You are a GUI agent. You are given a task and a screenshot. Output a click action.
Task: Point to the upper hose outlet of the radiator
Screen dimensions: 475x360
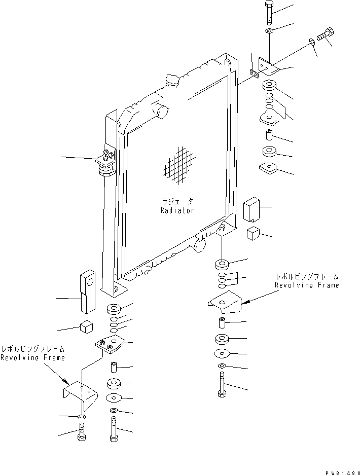162,110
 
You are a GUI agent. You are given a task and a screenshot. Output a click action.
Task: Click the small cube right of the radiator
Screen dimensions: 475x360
254,234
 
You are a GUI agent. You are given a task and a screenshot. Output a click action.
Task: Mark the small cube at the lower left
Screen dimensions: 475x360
86,327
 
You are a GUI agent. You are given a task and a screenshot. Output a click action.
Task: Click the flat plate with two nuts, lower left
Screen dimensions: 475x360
111,347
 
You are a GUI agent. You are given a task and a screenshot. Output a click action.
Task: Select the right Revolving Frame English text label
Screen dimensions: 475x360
307,285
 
